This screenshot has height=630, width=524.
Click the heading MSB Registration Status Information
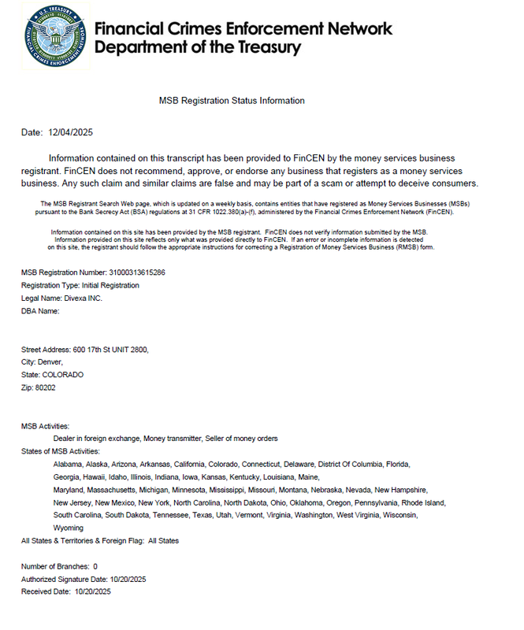point(232,101)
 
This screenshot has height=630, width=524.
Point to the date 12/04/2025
point(71,132)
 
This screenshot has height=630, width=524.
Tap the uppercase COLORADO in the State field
point(62,375)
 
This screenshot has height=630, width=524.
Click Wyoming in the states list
point(69,528)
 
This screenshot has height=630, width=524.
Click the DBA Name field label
point(40,311)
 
